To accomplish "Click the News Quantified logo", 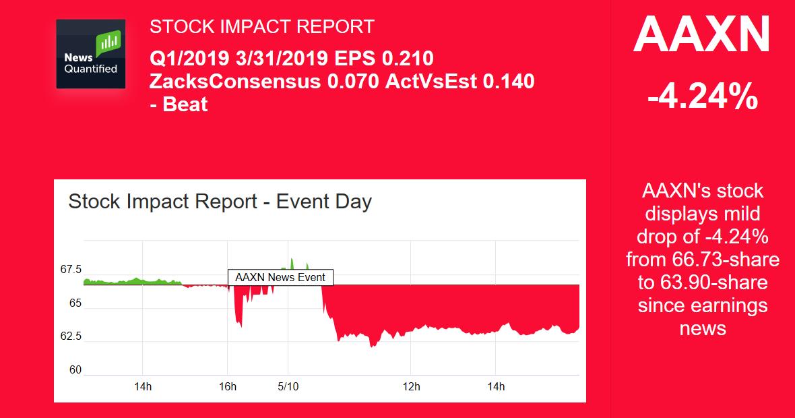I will click(x=90, y=54).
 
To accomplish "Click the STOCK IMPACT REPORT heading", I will click(x=261, y=27).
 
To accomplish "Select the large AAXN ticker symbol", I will click(x=701, y=35).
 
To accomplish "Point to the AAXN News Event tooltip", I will click(x=280, y=277).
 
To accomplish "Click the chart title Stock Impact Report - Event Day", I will click(x=220, y=202).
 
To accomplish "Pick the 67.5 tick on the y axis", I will click(x=71, y=270).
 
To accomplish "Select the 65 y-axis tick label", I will click(x=75, y=303).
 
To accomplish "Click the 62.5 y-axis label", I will click(x=71, y=336).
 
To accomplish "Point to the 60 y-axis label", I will click(x=75, y=370).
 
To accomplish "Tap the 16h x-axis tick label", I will click(x=228, y=387).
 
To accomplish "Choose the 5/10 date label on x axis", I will click(x=288, y=387).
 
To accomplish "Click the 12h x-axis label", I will click(x=411, y=387).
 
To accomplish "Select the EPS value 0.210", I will click(x=407, y=59).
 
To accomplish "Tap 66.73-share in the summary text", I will click(x=726, y=260).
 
